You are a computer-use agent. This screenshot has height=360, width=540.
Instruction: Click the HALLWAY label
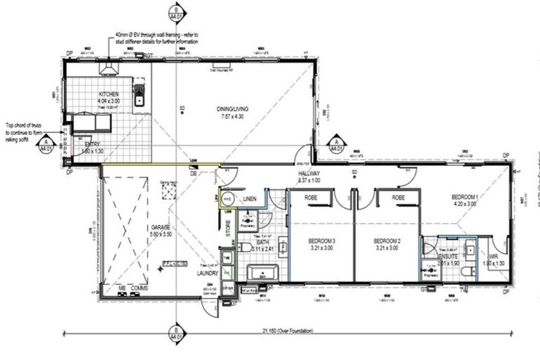pos(309,174)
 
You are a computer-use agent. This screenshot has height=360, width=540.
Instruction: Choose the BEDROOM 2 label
pos(387,242)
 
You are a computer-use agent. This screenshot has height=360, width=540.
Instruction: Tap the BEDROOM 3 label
pos(322,242)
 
